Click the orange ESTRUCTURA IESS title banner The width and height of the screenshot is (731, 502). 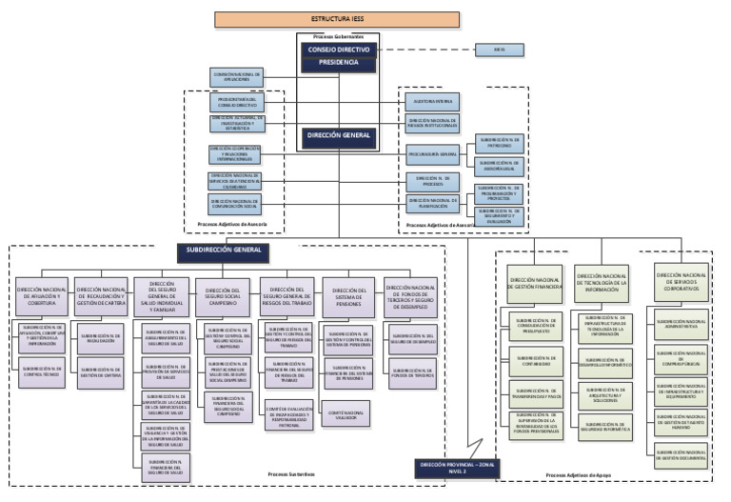point(337,18)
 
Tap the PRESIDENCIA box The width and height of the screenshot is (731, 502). point(339,63)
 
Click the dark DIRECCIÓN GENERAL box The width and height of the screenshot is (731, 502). point(339,136)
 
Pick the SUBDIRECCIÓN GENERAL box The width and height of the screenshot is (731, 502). point(224,251)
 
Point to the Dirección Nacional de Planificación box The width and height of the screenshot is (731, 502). point(432,201)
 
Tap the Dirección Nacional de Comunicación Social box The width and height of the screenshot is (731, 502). point(234,202)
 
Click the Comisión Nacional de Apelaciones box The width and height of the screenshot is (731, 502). point(237,76)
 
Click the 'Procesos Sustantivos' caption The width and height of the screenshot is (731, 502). point(290,473)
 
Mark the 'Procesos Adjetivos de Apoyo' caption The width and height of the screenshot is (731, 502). point(577,473)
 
